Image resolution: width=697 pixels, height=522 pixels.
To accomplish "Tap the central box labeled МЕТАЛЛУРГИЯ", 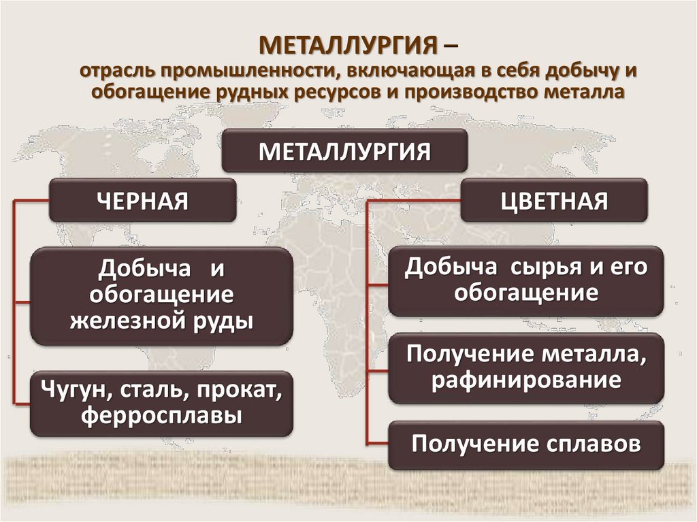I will [344, 151].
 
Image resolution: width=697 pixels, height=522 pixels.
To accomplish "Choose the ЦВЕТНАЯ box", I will [553, 201].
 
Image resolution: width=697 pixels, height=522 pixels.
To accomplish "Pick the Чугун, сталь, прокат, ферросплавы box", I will [161, 404].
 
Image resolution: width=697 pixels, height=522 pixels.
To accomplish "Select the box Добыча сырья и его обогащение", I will [525, 280].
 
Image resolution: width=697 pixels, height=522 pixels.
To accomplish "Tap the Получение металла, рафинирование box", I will [525, 368].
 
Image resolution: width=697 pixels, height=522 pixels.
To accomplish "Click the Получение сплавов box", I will [525, 444].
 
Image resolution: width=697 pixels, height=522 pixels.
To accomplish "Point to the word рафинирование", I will [525, 380].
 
